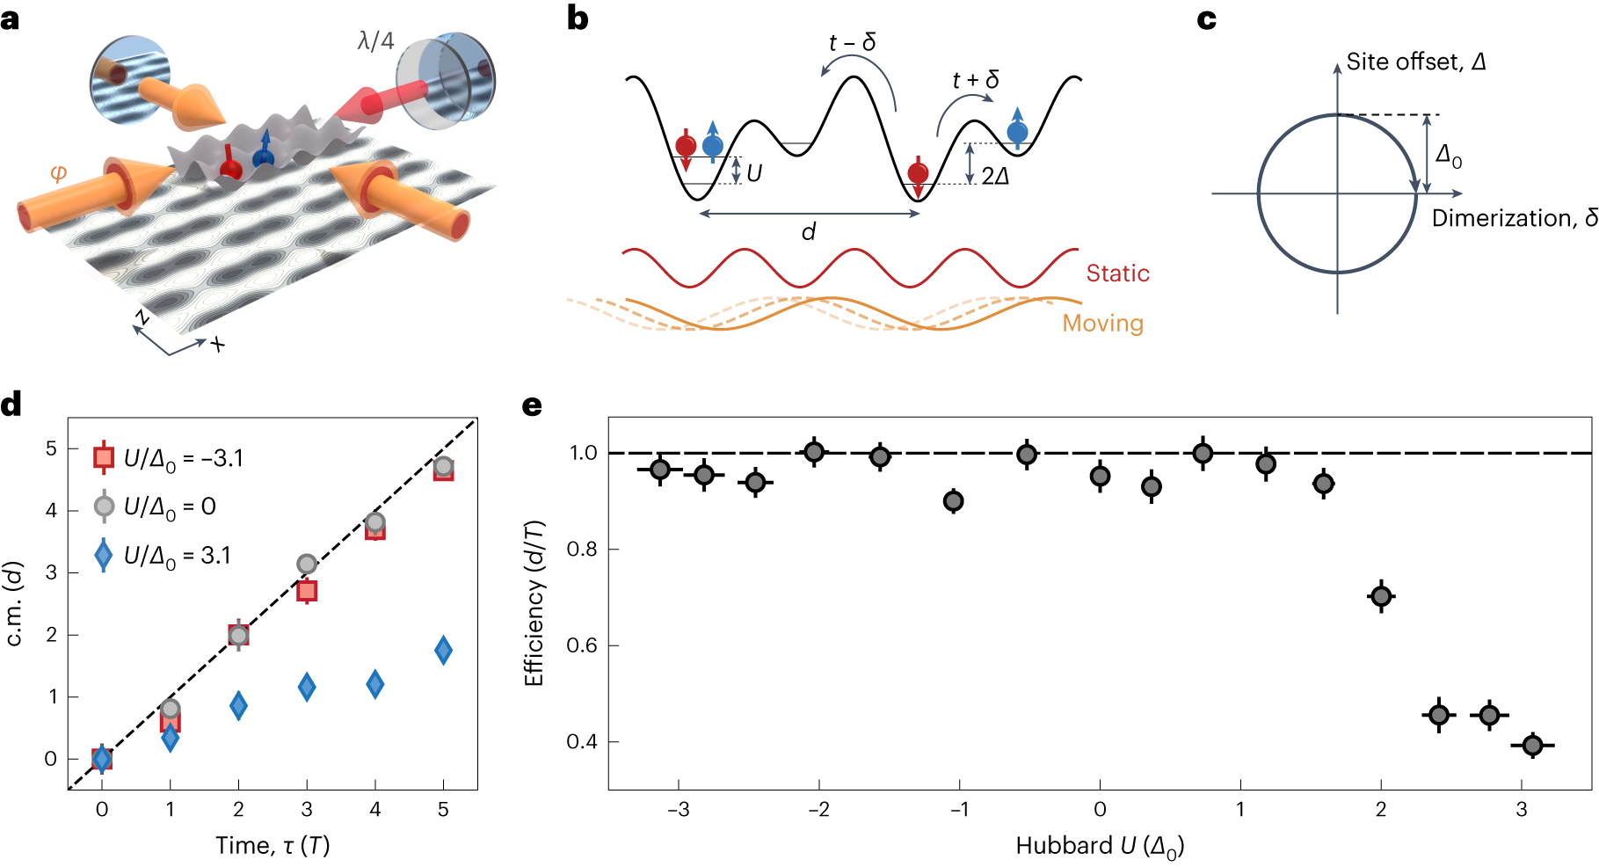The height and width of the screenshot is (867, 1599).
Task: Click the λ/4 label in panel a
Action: (375, 41)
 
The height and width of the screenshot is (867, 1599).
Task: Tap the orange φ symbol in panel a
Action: (59, 172)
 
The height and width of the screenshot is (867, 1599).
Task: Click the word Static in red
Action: (1117, 273)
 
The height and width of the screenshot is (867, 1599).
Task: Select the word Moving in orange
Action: (1102, 324)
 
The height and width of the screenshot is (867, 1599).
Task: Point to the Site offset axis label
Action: (1415, 62)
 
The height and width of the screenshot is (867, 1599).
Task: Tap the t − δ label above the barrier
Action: (852, 43)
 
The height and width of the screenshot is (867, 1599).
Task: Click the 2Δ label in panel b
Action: (995, 177)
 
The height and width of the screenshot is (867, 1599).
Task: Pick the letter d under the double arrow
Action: (808, 232)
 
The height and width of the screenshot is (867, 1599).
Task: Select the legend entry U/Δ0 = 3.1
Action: (176, 556)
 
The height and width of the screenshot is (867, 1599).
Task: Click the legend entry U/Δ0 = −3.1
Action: (183, 458)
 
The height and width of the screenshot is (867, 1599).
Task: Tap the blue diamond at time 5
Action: (443, 651)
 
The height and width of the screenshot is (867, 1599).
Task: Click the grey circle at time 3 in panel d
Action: (307, 564)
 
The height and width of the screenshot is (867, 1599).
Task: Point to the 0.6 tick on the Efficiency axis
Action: (581, 645)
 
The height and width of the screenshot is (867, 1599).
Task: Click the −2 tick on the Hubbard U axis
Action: (818, 809)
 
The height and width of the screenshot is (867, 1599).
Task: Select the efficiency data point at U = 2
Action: (1381, 597)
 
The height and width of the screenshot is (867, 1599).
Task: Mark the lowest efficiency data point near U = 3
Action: (1532, 746)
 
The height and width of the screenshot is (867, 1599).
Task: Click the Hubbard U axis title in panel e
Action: (1100, 846)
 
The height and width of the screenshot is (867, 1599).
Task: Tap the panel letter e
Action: (532, 405)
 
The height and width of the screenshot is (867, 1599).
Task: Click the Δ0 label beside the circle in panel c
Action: (1449, 157)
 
